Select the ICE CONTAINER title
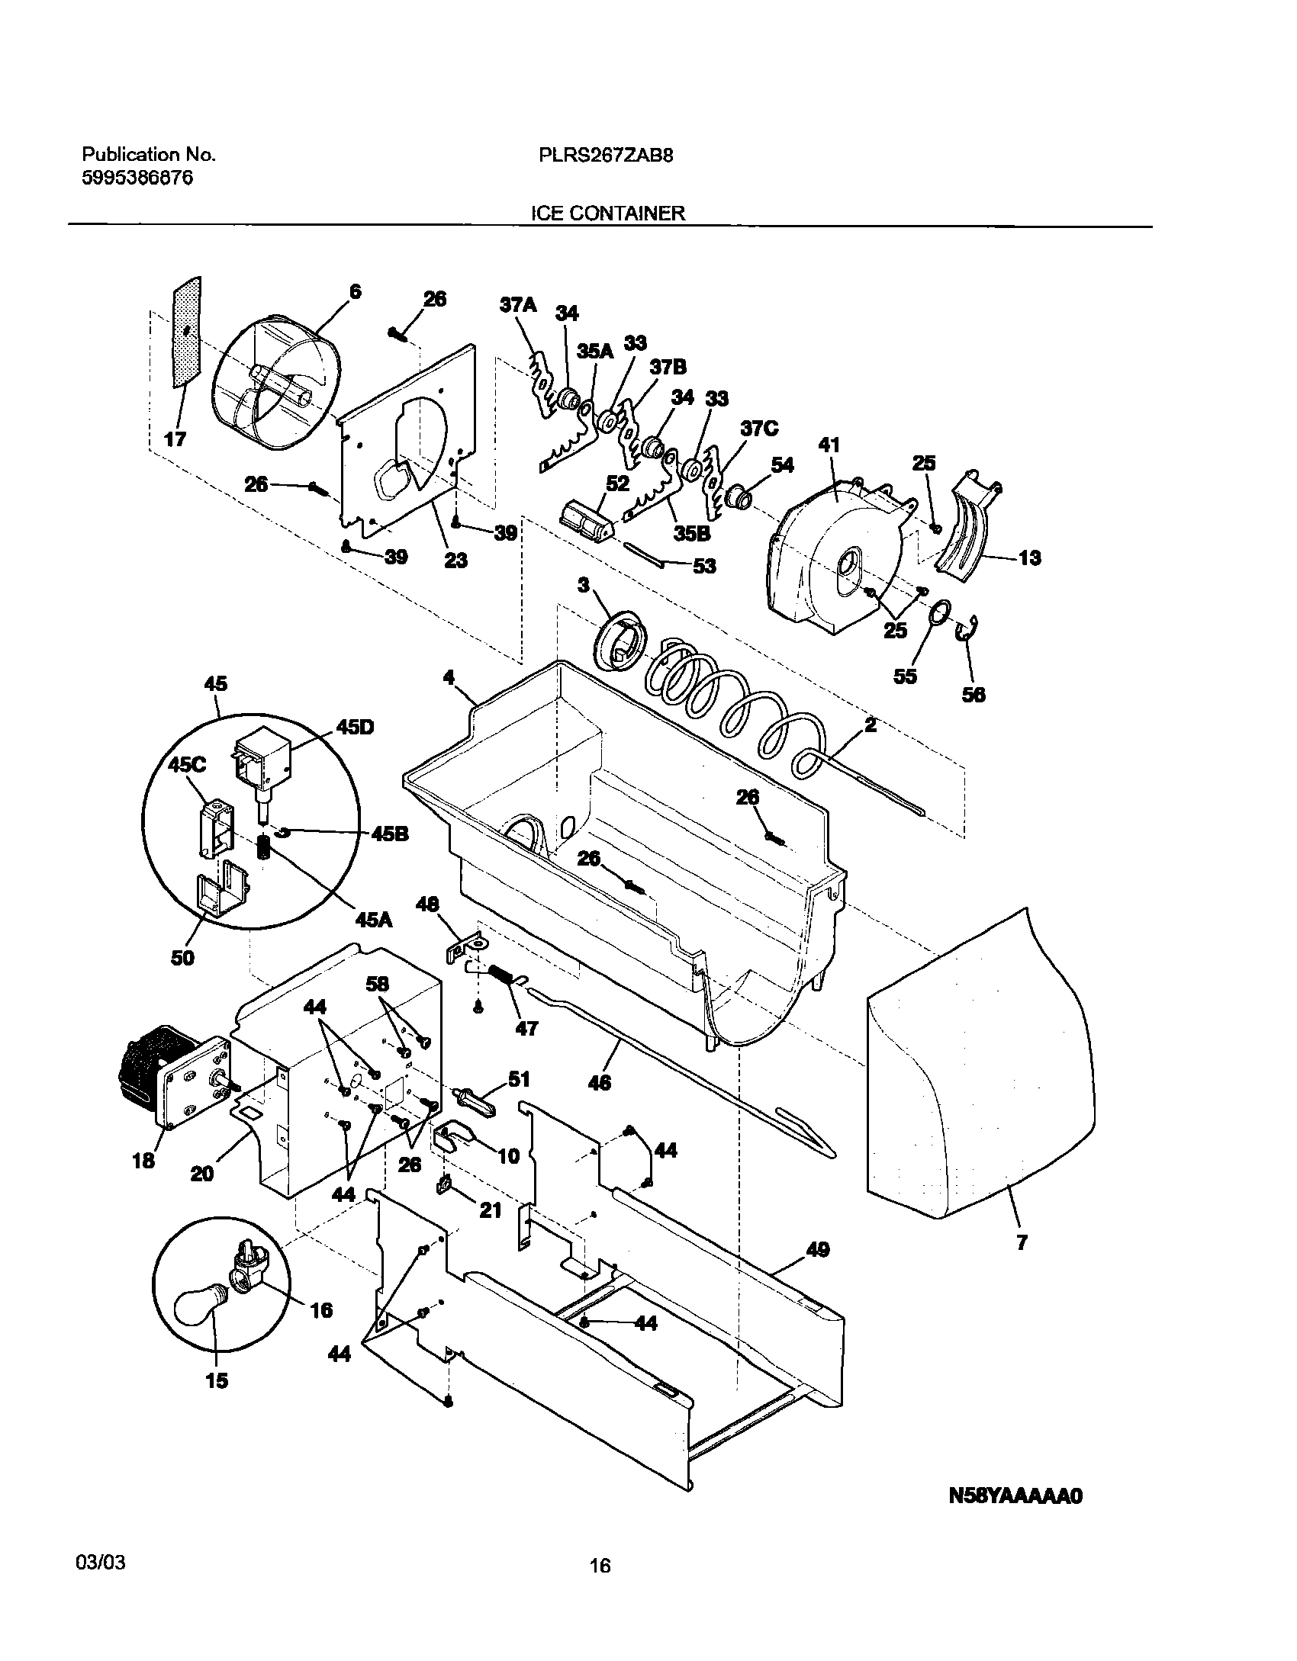tap(608, 214)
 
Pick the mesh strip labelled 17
tap(188, 332)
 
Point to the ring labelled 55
tap(940, 612)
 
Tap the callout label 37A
tap(518, 306)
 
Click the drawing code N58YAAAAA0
tap(1015, 1497)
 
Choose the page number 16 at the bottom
tap(600, 1566)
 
